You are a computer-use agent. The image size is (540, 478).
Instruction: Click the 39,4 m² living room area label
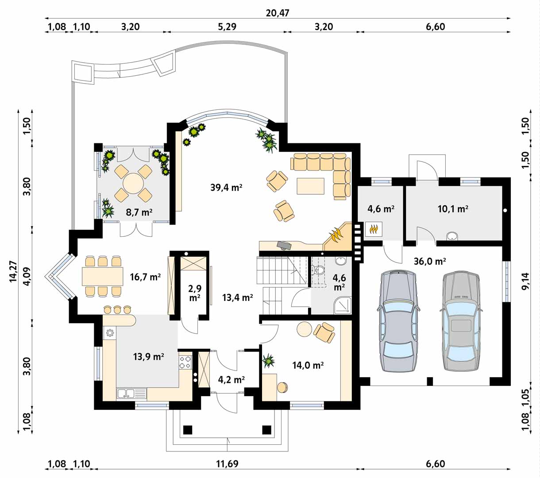pyautogui.click(x=226, y=188)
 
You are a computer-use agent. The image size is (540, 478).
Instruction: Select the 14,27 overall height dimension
pyautogui.click(x=13, y=271)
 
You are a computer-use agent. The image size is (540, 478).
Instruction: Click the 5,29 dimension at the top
pyautogui.click(x=227, y=27)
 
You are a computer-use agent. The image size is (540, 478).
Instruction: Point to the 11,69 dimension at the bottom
pyautogui.click(x=227, y=464)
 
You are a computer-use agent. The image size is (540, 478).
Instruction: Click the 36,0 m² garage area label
pyautogui.click(x=430, y=262)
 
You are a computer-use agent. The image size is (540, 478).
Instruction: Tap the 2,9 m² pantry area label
pyautogui.click(x=195, y=293)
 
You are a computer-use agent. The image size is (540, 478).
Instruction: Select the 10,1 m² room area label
pyautogui.click(x=453, y=209)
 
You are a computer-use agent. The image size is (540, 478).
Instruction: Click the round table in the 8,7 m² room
pyautogui.click(x=133, y=184)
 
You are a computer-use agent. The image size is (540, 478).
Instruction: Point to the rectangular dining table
pyautogui.click(x=103, y=276)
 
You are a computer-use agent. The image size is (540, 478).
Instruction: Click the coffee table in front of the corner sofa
pyautogui.click(x=311, y=186)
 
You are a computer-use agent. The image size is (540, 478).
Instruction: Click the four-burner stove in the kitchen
pyautogui.click(x=185, y=362)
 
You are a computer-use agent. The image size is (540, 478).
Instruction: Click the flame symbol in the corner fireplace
pyautogui.click(x=336, y=235)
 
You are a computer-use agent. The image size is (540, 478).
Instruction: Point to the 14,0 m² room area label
pyautogui.click(x=308, y=365)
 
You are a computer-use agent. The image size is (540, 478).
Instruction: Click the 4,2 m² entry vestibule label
pyautogui.click(x=231, y=380)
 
